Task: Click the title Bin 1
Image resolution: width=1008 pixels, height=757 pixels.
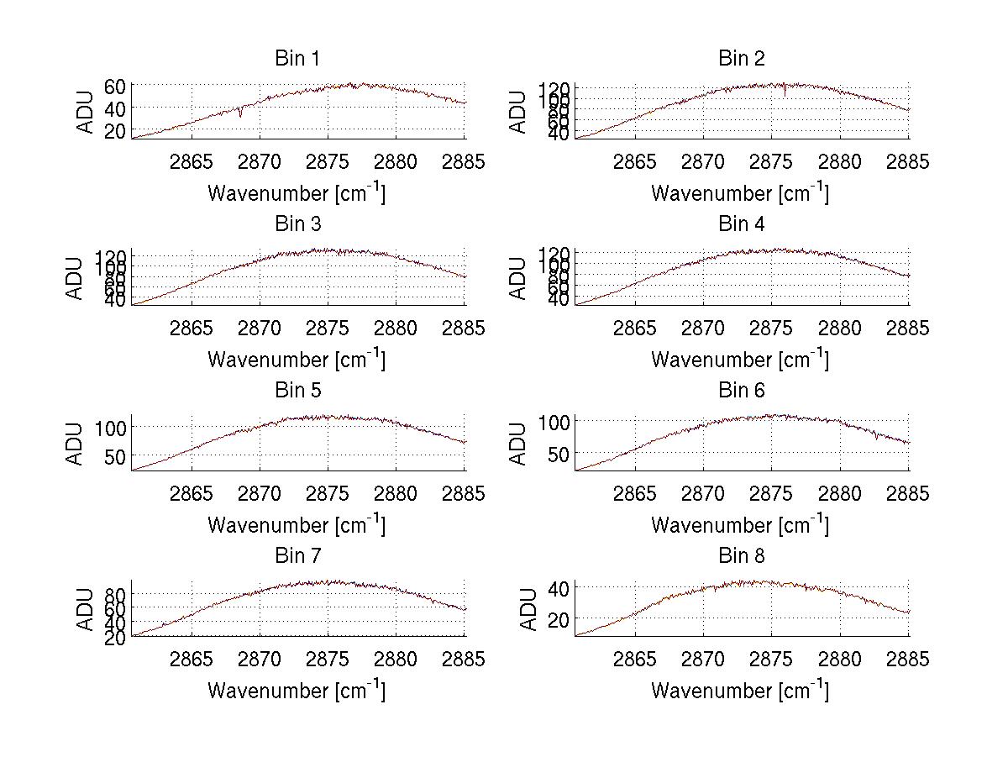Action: tap(297, 59)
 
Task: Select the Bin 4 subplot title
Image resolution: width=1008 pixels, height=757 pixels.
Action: tap(741, 224)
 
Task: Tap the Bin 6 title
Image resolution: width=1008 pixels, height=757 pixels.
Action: tap(741, 391)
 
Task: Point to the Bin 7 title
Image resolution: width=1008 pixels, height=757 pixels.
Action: tap(297, 556)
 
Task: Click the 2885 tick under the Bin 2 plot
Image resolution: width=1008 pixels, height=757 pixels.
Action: tap(907, 162)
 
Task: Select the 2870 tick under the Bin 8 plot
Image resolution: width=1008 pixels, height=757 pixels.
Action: tap(703, 660)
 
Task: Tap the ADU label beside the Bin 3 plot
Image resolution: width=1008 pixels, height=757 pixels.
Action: tap(76, 278)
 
